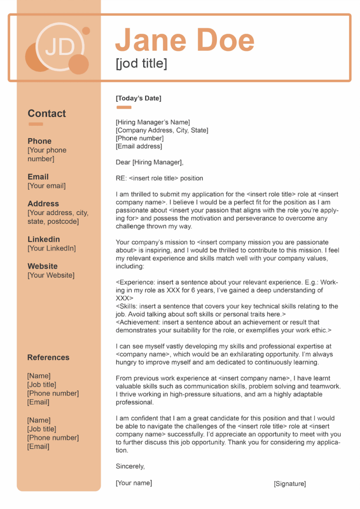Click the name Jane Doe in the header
(x=185, y=40)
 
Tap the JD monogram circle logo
(x=60, y=47)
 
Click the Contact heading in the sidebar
(x=46, y=114)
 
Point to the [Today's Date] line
(x=138, y=98)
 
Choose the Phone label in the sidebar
(x=39, y=141)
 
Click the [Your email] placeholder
(x=46, y=186)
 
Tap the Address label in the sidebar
(x=43, y=204)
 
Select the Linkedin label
(x=44, y=239)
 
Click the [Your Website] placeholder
(x=51, y=275)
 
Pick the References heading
(x=48, y=357)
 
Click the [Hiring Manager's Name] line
(x=153, y=122)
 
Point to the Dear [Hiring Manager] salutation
(x=150, y=162)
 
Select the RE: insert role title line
(x=159, y=178)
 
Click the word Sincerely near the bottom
(x=130, y=466)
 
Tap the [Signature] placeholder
(x=290, y=484)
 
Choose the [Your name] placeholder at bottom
(x=134, y=483)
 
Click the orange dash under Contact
(x=36, y=124)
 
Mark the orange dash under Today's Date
(x=124, y=107)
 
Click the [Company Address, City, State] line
(x=162, y=130)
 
